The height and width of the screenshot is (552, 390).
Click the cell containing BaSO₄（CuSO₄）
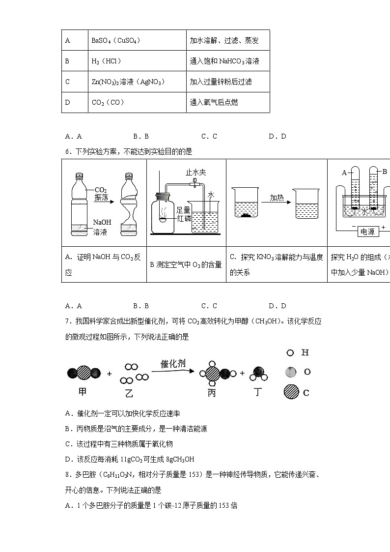tap(116, 41)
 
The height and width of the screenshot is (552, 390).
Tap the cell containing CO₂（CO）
tap(108, 102)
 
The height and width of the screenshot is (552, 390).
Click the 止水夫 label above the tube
tap(195, 173)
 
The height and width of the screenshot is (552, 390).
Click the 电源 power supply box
tap(367, 232)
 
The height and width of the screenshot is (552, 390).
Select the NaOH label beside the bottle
tap(102, 222)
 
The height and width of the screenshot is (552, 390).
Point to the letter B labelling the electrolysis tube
tap(384, 172)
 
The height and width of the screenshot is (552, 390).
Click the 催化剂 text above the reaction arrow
tap(173, 364)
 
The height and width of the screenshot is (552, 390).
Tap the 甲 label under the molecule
tap(83, 391)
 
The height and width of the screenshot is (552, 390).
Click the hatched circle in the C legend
tap(291, 392)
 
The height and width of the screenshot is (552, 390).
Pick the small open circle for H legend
tap(290, 352)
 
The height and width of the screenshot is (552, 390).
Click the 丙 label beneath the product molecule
tap(212, 392)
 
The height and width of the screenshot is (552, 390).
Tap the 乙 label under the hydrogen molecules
tap(129, 393)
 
